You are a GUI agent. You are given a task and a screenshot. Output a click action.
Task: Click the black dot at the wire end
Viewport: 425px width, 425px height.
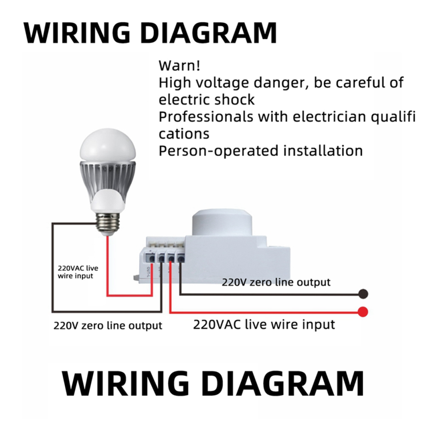(x=363, y=294)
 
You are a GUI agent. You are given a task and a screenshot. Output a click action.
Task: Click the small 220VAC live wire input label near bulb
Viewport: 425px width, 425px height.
(x=78, y=272)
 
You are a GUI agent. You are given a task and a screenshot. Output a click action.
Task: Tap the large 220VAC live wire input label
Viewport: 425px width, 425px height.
(x=264, y=324)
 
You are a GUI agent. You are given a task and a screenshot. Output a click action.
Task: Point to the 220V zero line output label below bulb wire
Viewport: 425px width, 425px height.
(x=108, y=325)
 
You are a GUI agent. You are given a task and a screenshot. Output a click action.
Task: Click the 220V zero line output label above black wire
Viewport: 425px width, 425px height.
(x=276, y=282)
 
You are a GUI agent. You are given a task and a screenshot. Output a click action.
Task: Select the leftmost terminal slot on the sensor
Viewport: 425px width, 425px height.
(x=151, y=258)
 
